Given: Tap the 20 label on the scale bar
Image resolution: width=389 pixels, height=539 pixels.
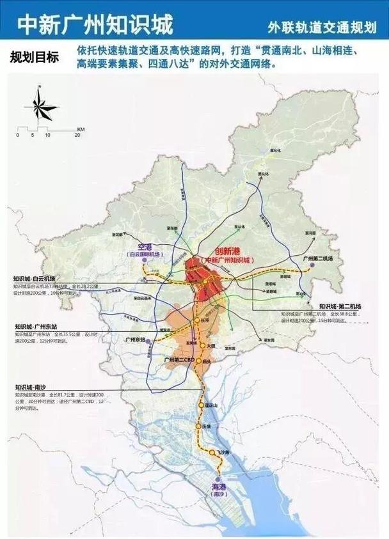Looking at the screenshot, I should pyautogui.click(x=77, y=136).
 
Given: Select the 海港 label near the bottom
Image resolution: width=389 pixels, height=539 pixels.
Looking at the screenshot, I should pyautogui.click(x=219, y=487).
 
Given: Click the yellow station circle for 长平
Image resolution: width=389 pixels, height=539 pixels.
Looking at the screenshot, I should pyautogui.click(x=196, y=320).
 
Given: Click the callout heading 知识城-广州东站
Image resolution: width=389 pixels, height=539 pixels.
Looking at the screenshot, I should pyautogui.click(x=36, y=327).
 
